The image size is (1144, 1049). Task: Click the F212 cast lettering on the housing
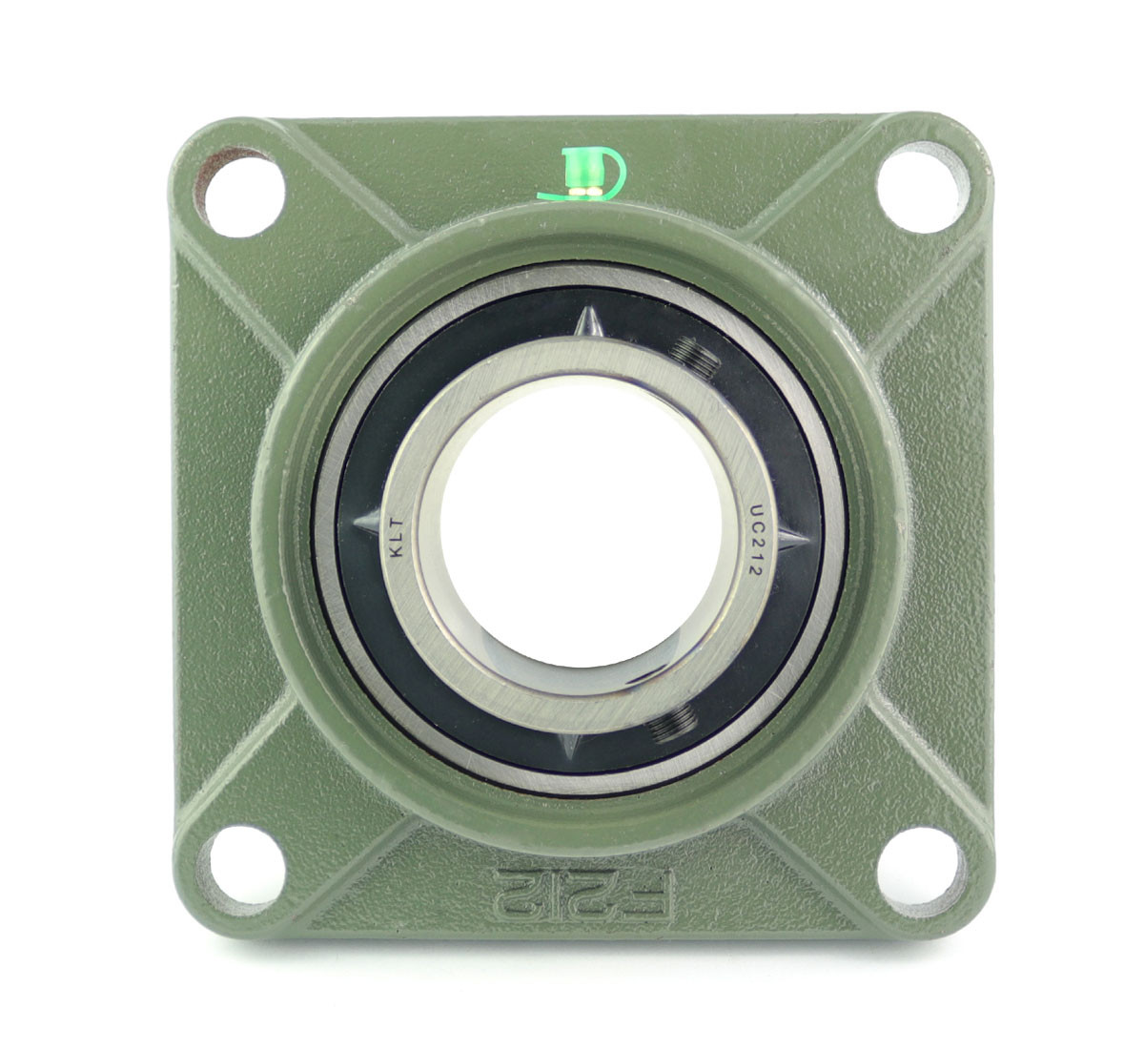click(x=583, y=893)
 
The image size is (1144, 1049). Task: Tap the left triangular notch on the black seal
click(x=367, y=523)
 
